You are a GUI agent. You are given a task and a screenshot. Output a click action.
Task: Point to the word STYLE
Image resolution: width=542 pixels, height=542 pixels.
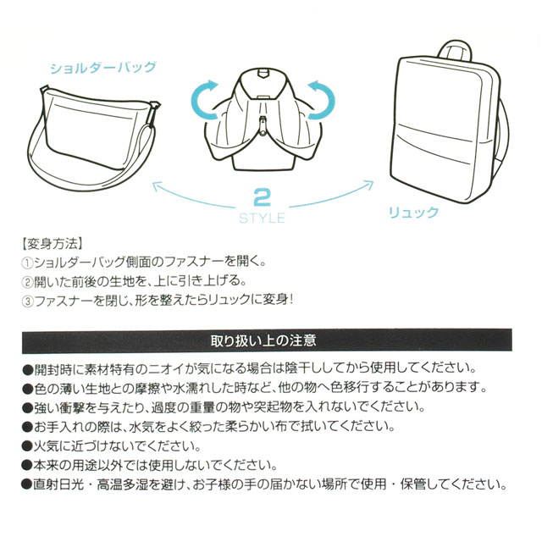click(x=262, y=218)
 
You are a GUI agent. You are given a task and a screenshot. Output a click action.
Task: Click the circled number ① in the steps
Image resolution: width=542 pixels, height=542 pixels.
click(x=27, y=262)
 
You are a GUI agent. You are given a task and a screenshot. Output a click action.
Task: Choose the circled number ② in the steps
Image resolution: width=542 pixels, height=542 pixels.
click(x=27, y=281)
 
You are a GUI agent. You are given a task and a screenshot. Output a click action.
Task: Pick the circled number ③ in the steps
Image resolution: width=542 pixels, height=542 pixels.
click(x=27, y=301)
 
